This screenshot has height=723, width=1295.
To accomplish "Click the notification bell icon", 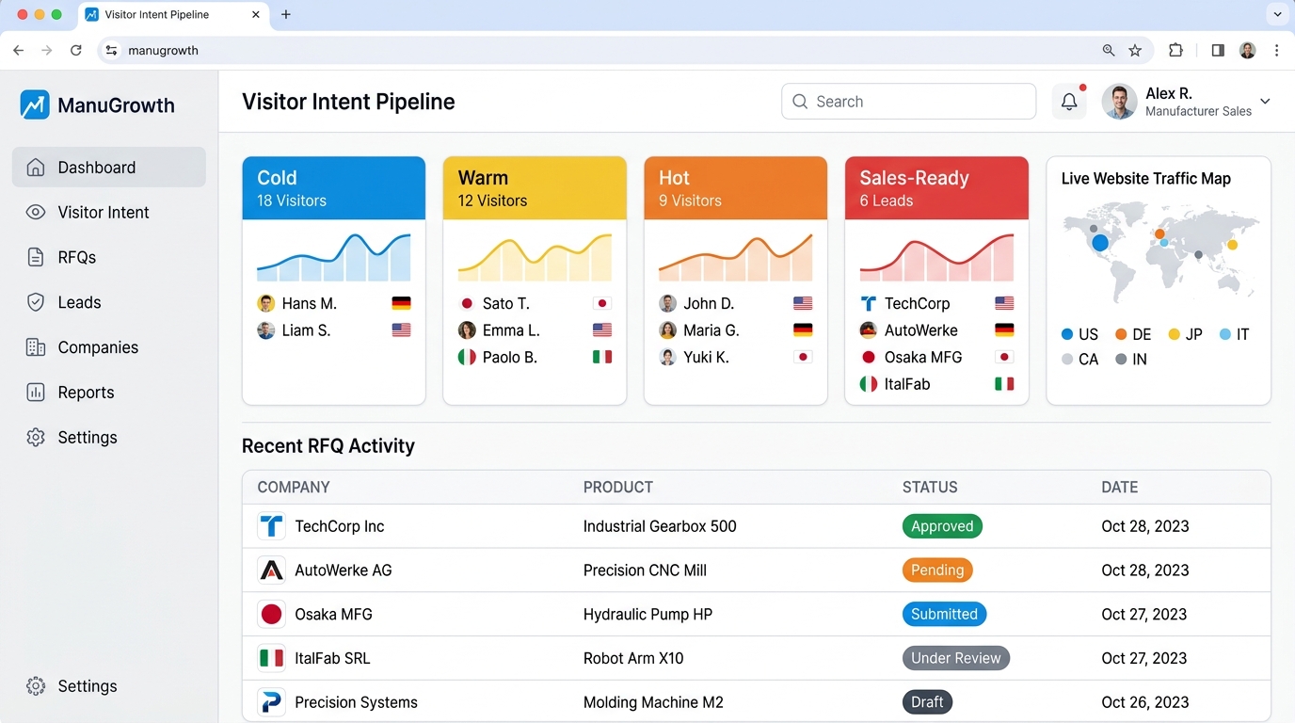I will click(x=1069, y=102).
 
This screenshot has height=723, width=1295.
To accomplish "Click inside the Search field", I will click(x=908, y=102).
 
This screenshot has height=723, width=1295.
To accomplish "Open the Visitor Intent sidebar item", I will click(x=104, y=213).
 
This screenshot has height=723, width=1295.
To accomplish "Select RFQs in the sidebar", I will click(x=77, y=258).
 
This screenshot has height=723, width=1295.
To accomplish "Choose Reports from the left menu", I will click(x=86, y=393).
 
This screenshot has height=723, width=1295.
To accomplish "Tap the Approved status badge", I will click(x=942, y=526).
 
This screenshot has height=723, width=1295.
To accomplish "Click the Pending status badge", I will click(x=937, y=570).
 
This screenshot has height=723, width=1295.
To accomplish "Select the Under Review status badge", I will click(x=955, y=658).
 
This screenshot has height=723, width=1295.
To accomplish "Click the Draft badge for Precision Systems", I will click(x=927, y=702).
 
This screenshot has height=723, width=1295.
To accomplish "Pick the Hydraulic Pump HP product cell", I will click(x=647, y=615).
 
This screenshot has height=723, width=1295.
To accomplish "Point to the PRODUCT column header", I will click(x=617, y=488).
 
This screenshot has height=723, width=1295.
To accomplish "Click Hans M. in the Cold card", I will click(x=309, y=304).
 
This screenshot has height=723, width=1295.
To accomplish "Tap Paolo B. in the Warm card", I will click(x=509, y=358).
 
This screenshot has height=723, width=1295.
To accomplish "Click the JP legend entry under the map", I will click(x=1185, y=335).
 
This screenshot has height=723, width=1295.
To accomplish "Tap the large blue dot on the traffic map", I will click(x=1099, y=243).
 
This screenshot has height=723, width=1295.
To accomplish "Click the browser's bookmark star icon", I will click(x=1135, y=51).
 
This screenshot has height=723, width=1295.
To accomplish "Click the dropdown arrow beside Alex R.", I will click(x=1265, y=102).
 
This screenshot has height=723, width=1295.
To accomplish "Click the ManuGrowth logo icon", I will click(x=35, y=105).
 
